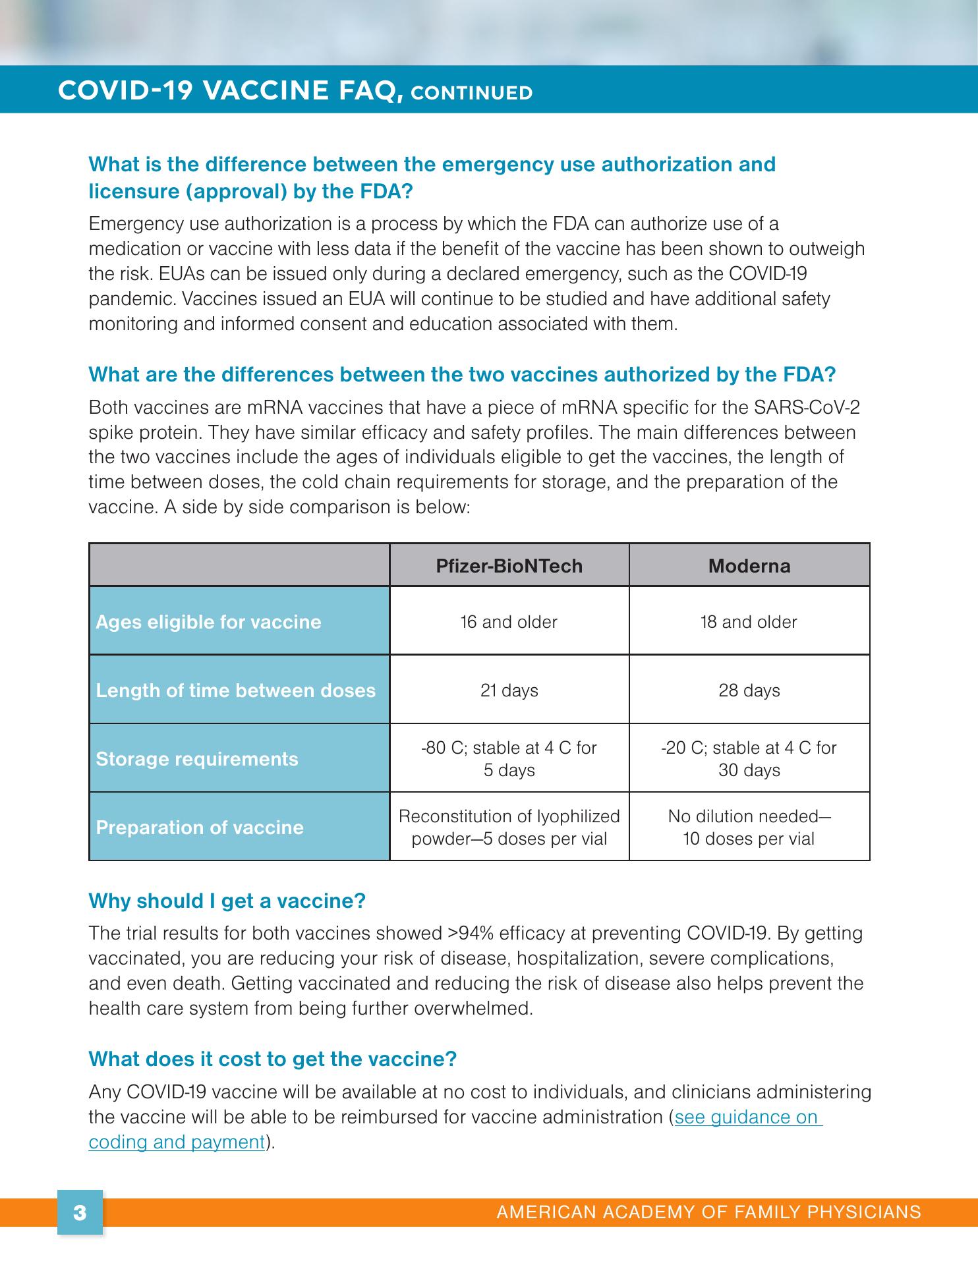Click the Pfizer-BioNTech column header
pos(509,566)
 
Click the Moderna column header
pos(749,566)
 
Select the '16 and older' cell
pos(509,622)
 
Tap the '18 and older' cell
pos(749,622)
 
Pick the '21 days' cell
pos(509,690)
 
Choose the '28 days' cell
pos(749,690)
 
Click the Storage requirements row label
pos(197,759)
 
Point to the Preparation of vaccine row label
pos(200,828)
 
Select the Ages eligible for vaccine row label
pos(208,622)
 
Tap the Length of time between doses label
pos(235,690)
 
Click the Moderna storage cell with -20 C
pos(749,759)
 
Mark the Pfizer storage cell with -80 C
pos(509,759)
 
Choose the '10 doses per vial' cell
pos(749,828)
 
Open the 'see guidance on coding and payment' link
pos(748,1117)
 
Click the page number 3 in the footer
pos(80,1213)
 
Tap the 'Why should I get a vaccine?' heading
pos(227,901)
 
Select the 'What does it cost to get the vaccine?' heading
pos(272,1059)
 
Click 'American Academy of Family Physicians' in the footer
pos(708,1212)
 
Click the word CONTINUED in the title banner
pos(471,93)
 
